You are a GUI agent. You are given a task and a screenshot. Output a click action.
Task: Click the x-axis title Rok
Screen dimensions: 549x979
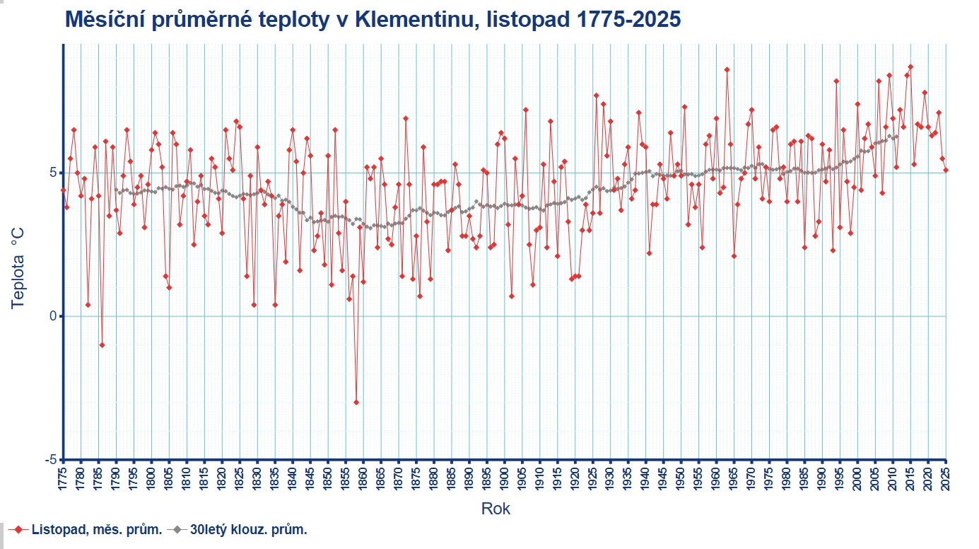click(x=496, y=508)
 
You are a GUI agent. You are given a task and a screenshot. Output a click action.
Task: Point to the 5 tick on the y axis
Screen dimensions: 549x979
click(x=51, y=173)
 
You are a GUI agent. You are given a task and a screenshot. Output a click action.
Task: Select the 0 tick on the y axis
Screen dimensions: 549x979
click(x=51, y=316)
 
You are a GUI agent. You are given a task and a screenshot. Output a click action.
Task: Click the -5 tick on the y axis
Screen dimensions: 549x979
click(x=49, y=460)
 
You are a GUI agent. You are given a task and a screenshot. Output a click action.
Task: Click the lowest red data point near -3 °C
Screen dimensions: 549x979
click(x=356, y=402)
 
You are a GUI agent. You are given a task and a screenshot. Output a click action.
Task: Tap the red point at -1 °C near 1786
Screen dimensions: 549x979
click(x=102, y=345)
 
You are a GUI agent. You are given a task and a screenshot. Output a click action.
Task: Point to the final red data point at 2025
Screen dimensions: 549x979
click(x=946, y=170)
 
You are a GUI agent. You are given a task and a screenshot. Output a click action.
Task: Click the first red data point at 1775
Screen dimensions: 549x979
click(x=63, y=190)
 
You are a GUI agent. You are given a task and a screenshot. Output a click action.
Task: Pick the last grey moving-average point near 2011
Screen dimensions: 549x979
click(x=897, y=137)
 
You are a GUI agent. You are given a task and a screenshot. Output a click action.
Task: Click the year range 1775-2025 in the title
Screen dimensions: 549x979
click(x=628, y=20)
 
